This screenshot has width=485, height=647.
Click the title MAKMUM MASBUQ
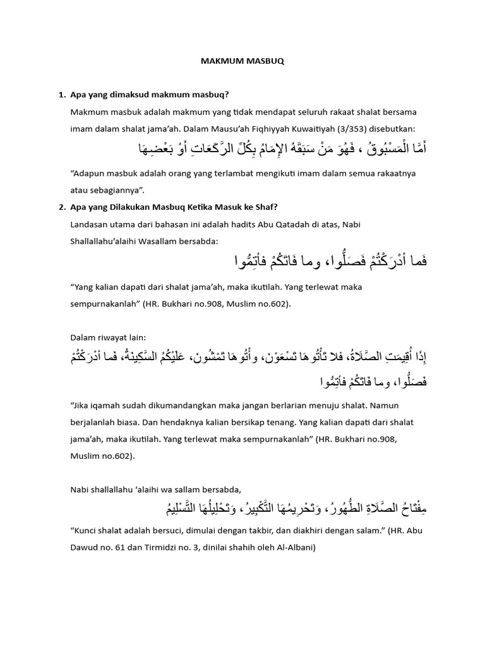242,62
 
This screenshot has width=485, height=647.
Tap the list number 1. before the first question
62,95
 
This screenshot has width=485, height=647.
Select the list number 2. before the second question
62,207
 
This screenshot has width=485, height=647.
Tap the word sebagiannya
114,190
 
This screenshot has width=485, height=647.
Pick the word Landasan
92,224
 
